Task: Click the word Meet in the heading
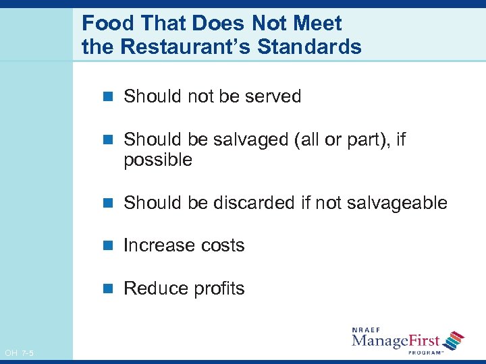320,24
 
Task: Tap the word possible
158,160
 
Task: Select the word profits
217,289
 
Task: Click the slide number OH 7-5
19,352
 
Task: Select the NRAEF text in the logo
364,330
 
